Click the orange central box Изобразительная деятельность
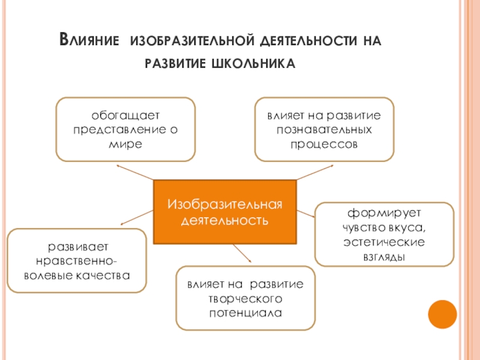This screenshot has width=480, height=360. point(225,212)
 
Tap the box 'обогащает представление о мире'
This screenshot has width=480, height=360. point(125,129)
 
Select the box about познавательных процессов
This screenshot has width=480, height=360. point(325,129)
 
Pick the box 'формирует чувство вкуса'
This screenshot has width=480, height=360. point(385,234)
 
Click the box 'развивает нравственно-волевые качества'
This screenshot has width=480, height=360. point(77,261)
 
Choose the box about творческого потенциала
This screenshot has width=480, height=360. point(245,298)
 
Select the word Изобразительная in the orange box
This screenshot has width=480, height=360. point(225,205)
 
